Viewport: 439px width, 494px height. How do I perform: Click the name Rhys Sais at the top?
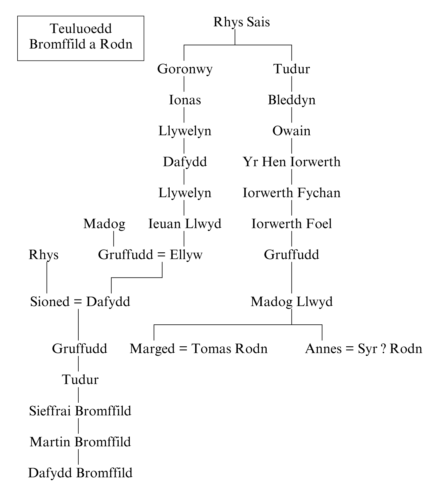pos(241,22)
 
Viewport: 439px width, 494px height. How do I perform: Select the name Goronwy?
pos(185,69)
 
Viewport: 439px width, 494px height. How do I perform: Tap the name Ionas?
pos(185,100)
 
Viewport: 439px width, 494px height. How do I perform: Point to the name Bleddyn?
pos(292,100)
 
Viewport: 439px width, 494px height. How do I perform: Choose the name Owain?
pos(291,131)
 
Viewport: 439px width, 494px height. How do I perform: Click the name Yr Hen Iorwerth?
pos(292,162)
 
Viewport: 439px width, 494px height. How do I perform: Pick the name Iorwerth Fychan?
pos(292,193)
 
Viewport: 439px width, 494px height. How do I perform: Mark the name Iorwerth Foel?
pos(292,224)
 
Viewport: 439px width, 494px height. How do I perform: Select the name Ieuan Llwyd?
pos(185,224)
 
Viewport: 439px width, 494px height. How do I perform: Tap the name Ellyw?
pos(186,255)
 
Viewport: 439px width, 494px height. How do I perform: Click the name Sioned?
pos(50,302)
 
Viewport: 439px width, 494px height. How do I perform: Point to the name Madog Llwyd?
pos(292,302)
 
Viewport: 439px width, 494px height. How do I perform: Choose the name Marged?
pos(152,349)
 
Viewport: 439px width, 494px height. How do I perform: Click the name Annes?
pos(323,349)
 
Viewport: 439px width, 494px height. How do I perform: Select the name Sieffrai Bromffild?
pos(80,411)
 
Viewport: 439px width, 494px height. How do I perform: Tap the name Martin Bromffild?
pos(80,442)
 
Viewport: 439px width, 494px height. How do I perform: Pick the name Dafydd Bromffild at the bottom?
pos(80,473)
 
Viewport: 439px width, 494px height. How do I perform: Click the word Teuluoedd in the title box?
pos(81,29)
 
